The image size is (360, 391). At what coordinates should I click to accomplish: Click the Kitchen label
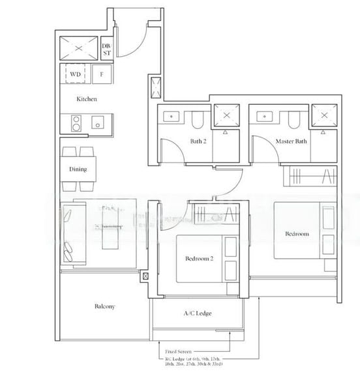[x=87, y=99]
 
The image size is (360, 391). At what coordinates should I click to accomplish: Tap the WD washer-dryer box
[x=76, y=74]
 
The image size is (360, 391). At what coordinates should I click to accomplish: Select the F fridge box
[x=102, y=74]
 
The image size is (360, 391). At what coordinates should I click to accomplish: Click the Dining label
[x=78, y=169]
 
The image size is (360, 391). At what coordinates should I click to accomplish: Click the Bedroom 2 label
[x=199, y=259]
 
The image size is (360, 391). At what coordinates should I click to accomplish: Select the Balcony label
[x=105, y=306]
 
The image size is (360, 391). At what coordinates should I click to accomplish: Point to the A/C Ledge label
[x=197, y=313]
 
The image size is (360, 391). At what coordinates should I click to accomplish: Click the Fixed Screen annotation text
[x=179, y=350]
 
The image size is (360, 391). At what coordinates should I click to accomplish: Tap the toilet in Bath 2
[x=198, y=119]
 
